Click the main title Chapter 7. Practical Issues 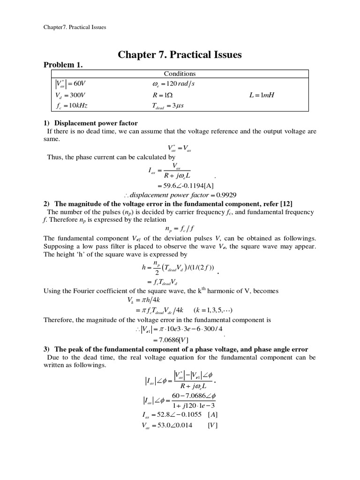pyautogui.click(x=180, y=55)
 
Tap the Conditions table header pyautogui.click(x=180, y=74)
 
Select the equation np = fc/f pyautogui.click(x=180, y=230)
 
